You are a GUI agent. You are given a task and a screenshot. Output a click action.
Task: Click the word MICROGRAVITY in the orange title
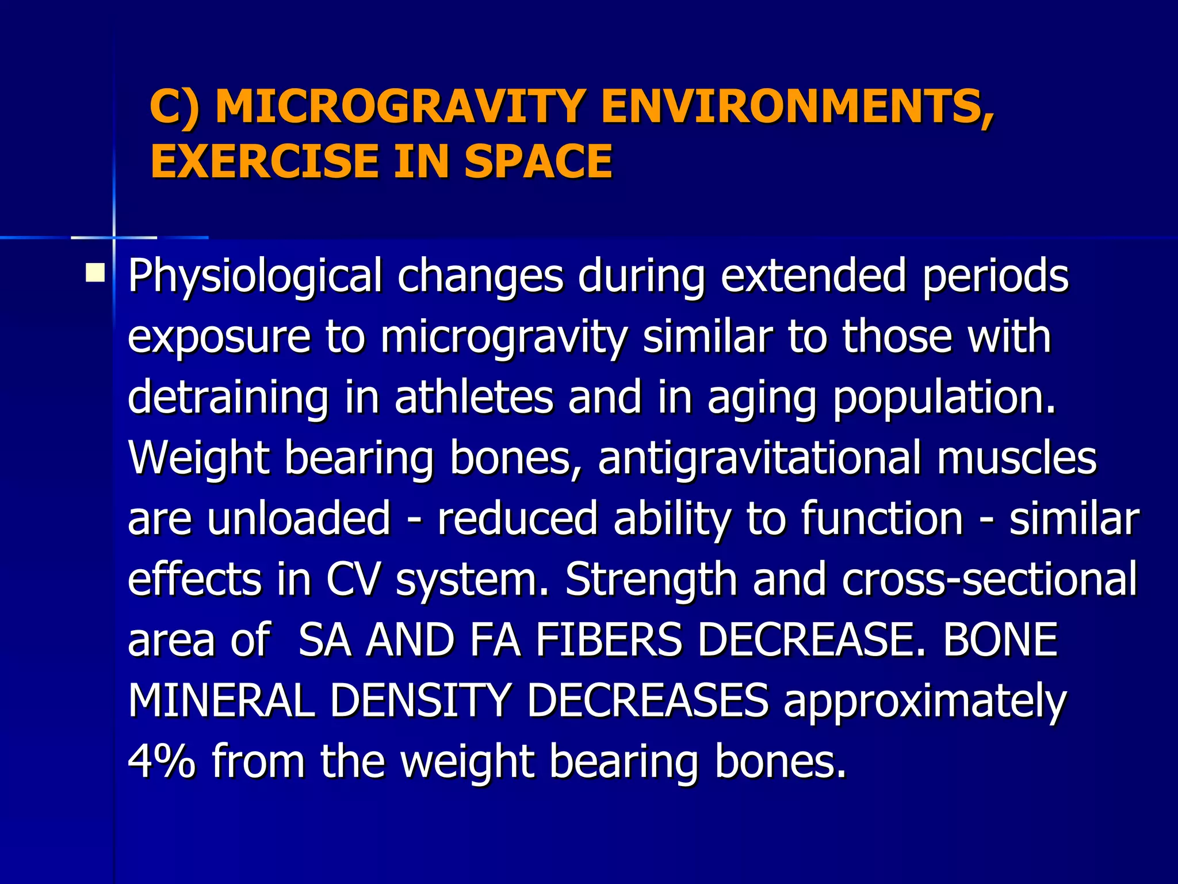(x=400, y=107)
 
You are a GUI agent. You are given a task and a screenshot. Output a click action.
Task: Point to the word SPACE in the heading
(x=538, y=161)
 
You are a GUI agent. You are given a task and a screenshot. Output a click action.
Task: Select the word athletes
(x=473, y=397)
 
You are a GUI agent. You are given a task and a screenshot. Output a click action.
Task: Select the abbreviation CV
(x=353, y=580)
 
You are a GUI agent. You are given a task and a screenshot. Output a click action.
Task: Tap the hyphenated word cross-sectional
(x=989, y=580)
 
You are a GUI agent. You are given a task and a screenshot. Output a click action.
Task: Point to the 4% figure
(x=162, y=761)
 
